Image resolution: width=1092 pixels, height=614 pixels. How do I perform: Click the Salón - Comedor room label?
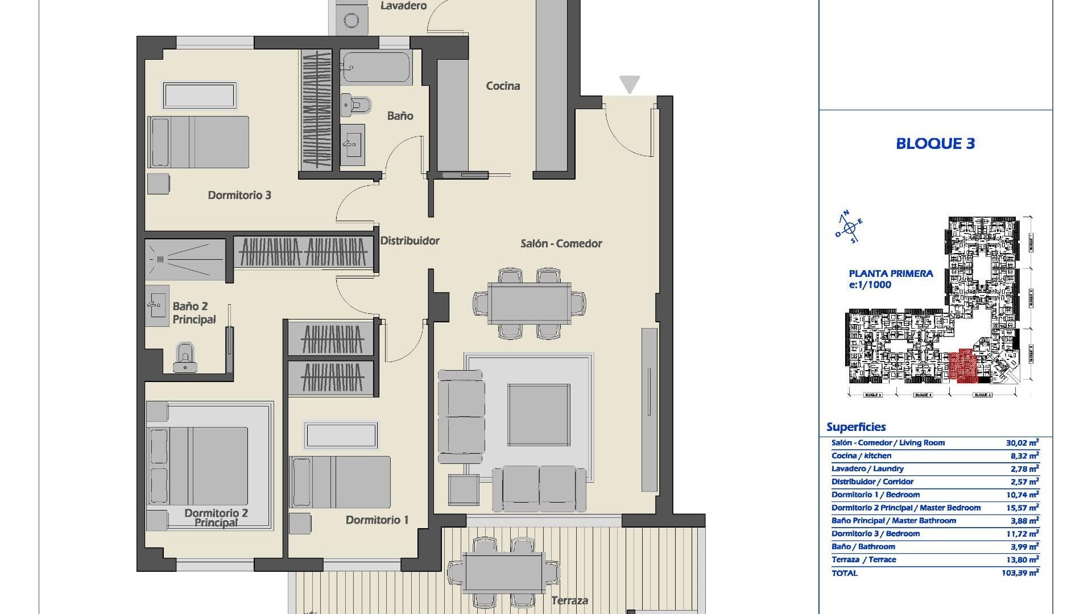pyautogui.click(x=561, y=243)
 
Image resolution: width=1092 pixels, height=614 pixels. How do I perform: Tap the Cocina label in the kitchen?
pyautogui.click(x=503, y=86)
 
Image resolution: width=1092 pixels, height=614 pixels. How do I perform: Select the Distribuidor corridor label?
pyautogui.click(x=409, y=240)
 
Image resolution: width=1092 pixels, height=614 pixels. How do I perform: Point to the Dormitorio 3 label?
pyautogui.click(x=239, y=195)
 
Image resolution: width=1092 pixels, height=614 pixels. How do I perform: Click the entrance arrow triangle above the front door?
pyautogui.click(x=629, y=84)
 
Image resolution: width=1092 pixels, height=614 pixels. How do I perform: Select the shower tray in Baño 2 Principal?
pyautogui.click(x=185, y=260)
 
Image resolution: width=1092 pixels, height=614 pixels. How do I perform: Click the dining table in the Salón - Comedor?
pyautogui.click(x=530, y=304)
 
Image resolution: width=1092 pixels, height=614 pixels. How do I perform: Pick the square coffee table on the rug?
pyautogui.click(x=539, y=414)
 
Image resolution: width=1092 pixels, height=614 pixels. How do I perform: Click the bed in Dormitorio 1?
pyautogui.click(x=340, y=482)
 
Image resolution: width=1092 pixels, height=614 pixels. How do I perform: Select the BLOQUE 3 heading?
pyautogui.click(x=935, y=144)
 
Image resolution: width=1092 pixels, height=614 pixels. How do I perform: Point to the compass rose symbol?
pyautogui.click(x=849, y=227)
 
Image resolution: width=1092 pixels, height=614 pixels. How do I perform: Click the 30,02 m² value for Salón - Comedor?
pyautogui.click(x=1022, y=442)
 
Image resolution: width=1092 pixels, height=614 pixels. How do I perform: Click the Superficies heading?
pyautogui.click(x=856, y=427)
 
